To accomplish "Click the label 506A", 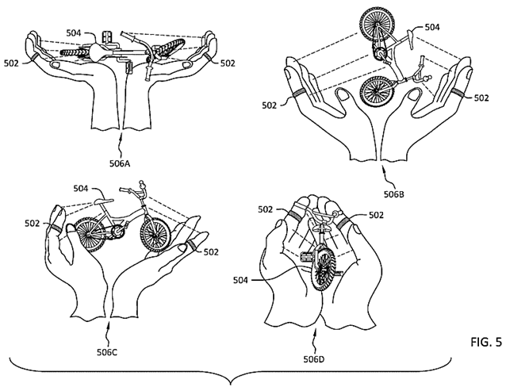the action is [120, 164].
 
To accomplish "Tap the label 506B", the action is [394, 194].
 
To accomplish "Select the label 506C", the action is [107, 352].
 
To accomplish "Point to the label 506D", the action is [313, 359].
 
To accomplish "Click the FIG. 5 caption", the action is [486, 343].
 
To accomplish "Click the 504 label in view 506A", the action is [74, 33].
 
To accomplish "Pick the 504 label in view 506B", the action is [432, 28].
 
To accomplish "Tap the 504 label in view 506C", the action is [81, 188].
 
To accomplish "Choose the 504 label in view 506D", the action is [241, 281].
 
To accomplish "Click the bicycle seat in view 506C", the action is [104, 201].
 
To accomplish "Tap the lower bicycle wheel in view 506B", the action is [377, 91].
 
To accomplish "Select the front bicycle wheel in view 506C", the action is [155, 234].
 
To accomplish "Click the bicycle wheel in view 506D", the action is [323, 267].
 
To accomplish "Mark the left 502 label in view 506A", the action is [11, 63].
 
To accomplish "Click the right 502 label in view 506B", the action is [481, 98].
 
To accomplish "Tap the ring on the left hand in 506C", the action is [55, 228].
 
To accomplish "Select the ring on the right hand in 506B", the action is [458, 93].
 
